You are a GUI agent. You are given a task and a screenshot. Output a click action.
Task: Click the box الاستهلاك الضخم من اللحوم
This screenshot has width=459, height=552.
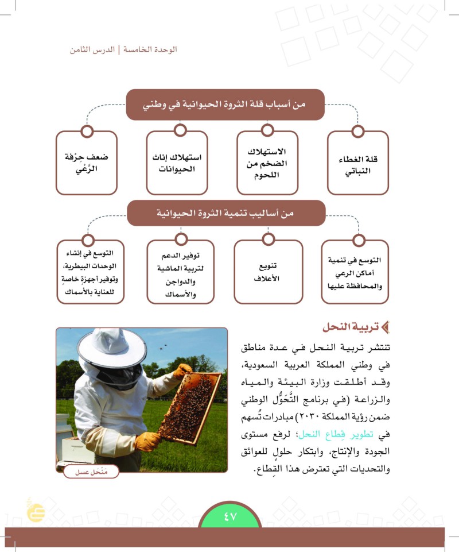(x=267, y=163)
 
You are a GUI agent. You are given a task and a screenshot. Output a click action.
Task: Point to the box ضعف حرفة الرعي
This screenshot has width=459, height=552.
(x=87, y=163)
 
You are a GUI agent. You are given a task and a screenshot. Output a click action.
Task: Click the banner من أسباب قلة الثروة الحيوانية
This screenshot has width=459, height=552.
(x=225, y=105)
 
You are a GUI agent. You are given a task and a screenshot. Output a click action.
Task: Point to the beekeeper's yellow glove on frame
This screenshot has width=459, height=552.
(x=182, y=371)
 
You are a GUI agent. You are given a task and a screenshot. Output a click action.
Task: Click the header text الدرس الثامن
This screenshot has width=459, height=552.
(x=91, y=49)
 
